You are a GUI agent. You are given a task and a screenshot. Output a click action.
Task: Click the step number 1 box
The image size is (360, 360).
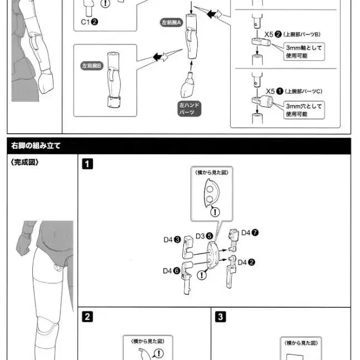coord(87,164)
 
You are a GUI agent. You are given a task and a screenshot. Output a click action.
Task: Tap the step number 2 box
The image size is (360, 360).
coord(87,317)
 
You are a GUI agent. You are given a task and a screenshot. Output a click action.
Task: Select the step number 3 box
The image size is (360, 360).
coord(221,317)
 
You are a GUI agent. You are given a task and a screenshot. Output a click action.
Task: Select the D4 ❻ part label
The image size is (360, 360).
coord(171,271)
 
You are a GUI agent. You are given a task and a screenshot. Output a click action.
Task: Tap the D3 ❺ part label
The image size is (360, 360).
coord(204,236)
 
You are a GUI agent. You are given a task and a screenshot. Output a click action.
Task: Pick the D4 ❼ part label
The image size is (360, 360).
coord(249,233)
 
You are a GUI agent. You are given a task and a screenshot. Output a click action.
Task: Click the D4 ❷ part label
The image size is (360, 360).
coord(247,262)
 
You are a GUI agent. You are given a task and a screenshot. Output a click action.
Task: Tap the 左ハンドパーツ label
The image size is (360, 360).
coord(189,108)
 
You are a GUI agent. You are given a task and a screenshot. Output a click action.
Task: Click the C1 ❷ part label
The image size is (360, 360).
coord(89,22)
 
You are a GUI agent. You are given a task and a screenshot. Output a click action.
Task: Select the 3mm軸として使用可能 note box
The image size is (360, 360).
coord(304,52)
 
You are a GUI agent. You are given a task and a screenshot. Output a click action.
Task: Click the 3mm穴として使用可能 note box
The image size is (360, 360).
coord(304,109)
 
